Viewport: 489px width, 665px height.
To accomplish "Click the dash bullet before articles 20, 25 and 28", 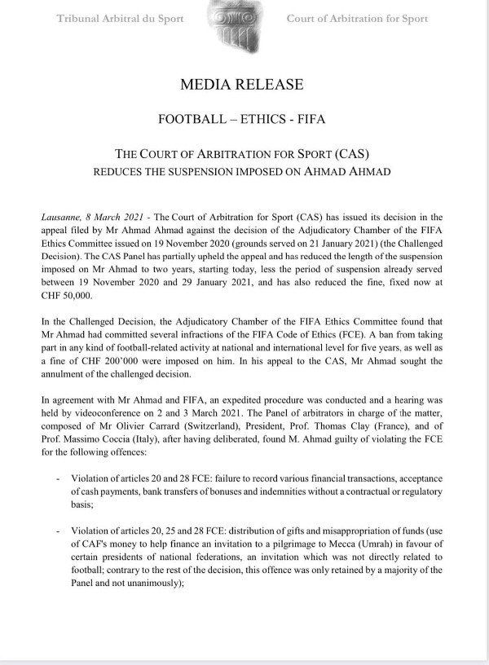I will coord(57,531).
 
